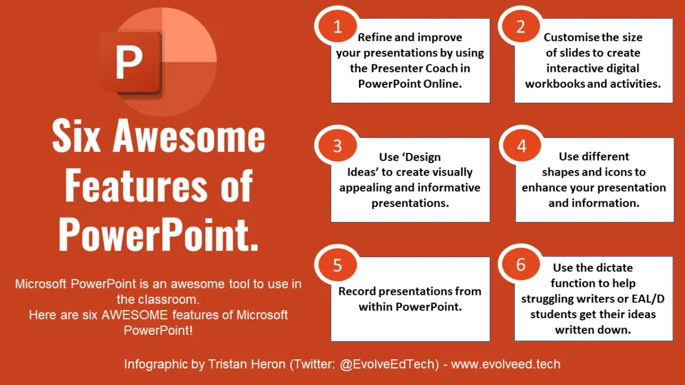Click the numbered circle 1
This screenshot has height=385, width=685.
pos(337,27)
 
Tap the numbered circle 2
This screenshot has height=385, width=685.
pos(521,27)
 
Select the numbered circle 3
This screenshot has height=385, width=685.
pos(337,146)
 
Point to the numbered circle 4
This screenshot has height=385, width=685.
pos(522,146)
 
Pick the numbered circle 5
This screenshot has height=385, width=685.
pos(337,265)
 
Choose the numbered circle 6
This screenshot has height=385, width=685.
pos(521,264)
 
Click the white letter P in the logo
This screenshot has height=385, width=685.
pos(129,63)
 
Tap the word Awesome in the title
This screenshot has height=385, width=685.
pos(189,136)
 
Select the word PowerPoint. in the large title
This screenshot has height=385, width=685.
pos(159,234)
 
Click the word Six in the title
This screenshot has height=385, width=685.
pos(76,136)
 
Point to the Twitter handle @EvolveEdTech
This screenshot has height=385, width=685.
pos(389,364)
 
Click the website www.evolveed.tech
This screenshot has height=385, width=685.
pos(506,364)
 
